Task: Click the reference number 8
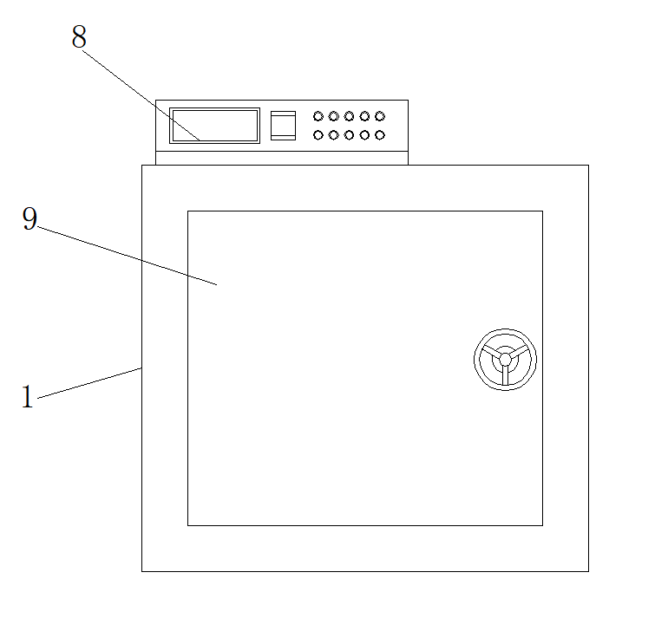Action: tap(79, 37)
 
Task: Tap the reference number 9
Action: tap(29, 219)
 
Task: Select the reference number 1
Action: tap(27, 398)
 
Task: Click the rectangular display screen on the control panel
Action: tap(214, 126)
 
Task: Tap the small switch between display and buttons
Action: tap(283, 126)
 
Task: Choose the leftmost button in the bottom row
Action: tap(318, 135)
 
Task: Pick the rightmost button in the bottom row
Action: tap(380, 135)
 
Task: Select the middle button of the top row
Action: tap(349, 116)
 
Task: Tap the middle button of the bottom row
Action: tap(349, 135)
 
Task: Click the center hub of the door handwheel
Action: tap(505, 359)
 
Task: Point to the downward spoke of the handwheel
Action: tap(505, 374)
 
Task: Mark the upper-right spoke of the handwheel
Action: tap(518, 351)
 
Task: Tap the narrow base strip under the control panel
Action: tap(281, 158)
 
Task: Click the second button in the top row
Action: tap(333, 116)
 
